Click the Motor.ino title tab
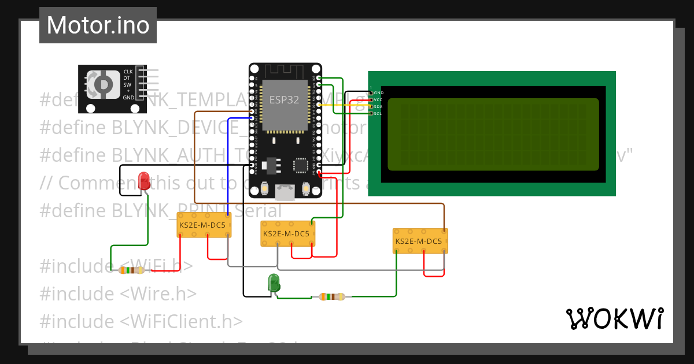tap(98, 25)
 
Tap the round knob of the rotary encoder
tap(102, 84)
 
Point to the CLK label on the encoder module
tap(128, 72)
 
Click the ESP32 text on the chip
tap(284, 99)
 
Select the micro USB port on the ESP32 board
tap(285, 191)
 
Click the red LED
tap(144, 181)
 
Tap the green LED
tap(274, 283)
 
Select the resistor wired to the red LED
tap(131, 270)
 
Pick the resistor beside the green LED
tap(332, 297)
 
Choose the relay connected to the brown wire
tap(420, 241)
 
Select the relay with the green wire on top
tap(288, 233)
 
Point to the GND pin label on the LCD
tap(378, 92)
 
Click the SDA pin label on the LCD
tap(378, 106)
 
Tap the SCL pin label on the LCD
tap(378, 113)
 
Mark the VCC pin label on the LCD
tap(378, 99)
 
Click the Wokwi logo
tap(614, 318)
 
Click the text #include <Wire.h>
tap(118, 294)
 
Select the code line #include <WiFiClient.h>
tap(141, 321)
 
